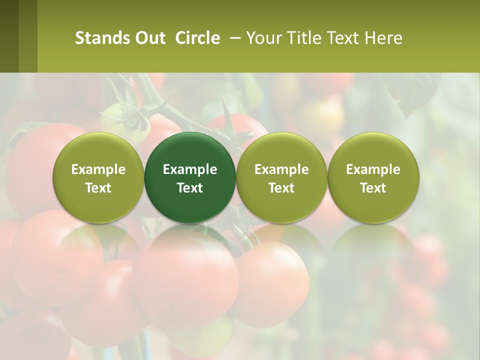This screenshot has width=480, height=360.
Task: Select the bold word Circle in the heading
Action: coord(197,38)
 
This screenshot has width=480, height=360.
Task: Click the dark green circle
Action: coord(190,150)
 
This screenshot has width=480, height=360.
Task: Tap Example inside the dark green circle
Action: coord(190,169)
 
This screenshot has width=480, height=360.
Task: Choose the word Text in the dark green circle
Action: coord(190,188)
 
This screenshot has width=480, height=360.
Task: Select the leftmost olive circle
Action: coord(98,150)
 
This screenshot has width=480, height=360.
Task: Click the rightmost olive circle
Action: coord(373,150)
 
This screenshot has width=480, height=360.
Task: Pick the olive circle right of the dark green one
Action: coord(281,150)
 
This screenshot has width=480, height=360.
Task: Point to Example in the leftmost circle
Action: coord(98,169)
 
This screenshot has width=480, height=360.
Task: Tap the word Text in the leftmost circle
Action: coord(98,188)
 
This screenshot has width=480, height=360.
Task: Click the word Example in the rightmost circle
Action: coord(373,169)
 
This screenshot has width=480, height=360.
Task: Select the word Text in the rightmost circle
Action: coord(373,188)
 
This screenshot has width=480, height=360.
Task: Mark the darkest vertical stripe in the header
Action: coord(9,36)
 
